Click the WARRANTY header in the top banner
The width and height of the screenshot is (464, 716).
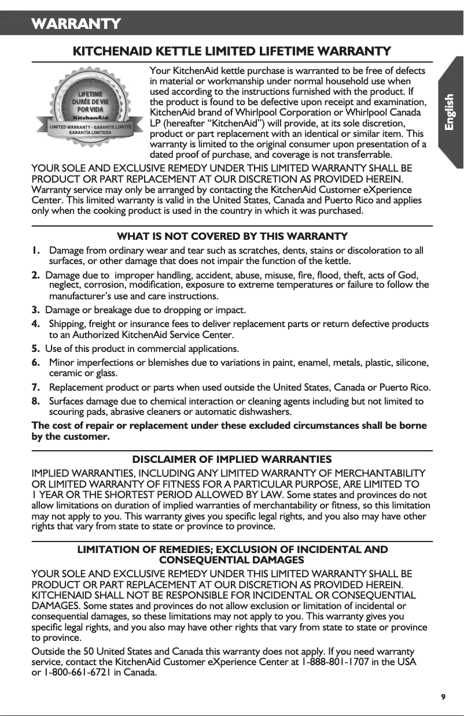click(76, 24)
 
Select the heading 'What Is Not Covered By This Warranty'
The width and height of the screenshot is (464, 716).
click(232, 236)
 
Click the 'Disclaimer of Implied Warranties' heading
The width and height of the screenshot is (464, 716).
click(232, 459)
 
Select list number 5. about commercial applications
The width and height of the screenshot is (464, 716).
click(36, 349)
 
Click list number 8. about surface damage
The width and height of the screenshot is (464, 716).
click(36, 401)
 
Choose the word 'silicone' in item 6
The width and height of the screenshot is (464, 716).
click(410, 362)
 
